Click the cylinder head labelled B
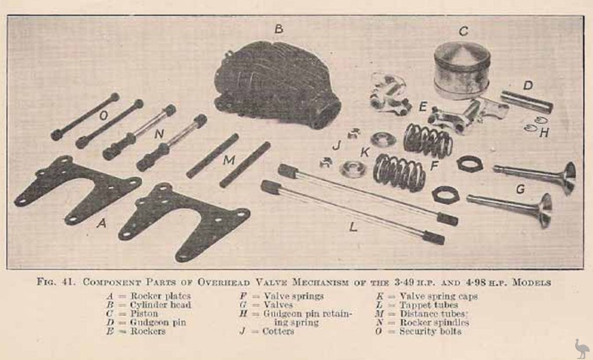click(277, 85)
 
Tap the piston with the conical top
click(462, 71)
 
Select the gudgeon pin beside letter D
click(526, 101)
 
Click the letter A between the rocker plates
click(101, 223)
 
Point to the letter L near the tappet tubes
click(353, 227)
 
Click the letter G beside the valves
click(521, 189)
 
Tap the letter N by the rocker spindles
click(159, 134)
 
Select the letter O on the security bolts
click(104, 116)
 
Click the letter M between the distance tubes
click(229, 160)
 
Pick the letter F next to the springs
click(434, 166)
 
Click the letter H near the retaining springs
click(544, 133)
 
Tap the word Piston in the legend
click(144, 314)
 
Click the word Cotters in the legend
click(278, 331)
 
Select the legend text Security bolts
click(430, 331)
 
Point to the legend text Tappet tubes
click(429, 305)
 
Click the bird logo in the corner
click(581, 348)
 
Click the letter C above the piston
click(463, 31)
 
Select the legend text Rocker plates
click(160, 296)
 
